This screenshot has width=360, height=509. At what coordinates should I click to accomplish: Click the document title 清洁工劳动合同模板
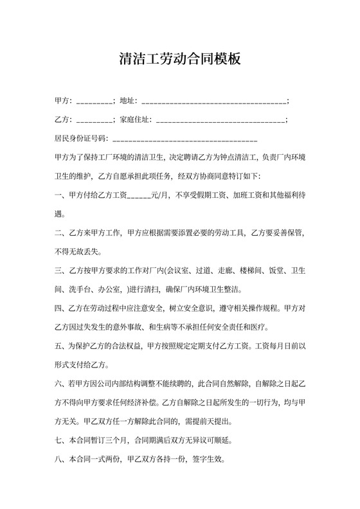point(180,59)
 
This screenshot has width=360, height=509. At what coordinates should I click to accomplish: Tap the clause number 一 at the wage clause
point(59,195)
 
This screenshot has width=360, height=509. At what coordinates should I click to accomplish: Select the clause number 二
point(59,232)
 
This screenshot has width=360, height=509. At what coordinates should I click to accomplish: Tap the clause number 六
point(59,385)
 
